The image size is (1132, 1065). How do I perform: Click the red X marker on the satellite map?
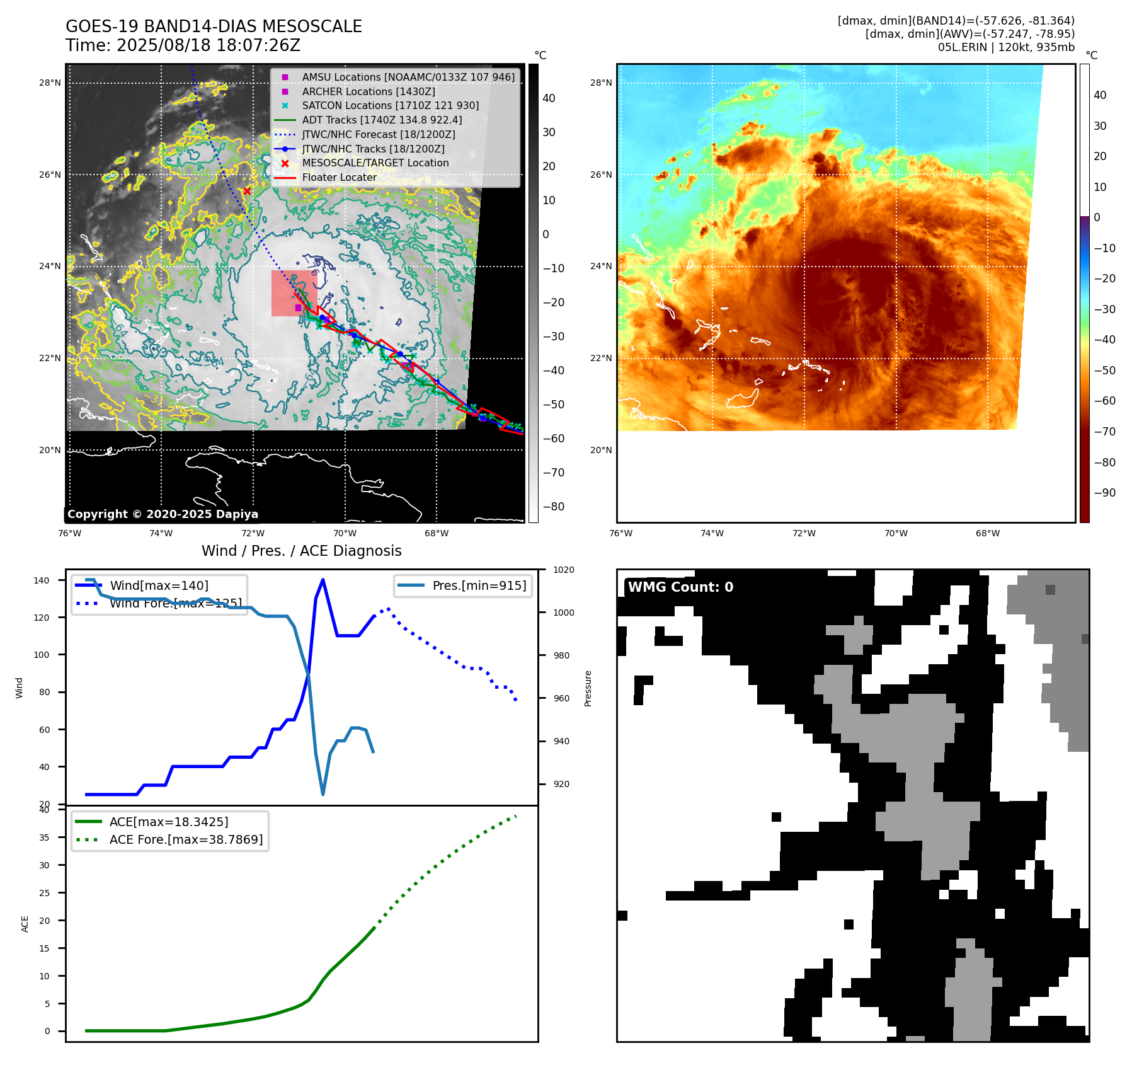pyautogui.click(x=247, y=191)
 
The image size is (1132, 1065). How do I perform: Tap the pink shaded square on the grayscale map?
pyautogui.click(x=294, y=293)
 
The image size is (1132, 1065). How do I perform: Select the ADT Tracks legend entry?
pyautogui.click(x=382, y=120)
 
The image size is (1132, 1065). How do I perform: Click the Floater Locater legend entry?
pyautogui.click(x=339, y=177)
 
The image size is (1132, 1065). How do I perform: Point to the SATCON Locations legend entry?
pyautogui.click(x=390, y=105)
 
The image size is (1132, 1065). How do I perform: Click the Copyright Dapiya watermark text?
pyautogui.click(x=163, y=514)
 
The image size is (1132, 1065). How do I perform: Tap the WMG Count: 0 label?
pyautogui.click(x=680, y=587)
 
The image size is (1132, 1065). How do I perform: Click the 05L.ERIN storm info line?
pyautogui.click(x=1006, y=47)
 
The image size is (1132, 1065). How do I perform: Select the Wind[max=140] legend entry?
pyautogui.click(x=159, y=585)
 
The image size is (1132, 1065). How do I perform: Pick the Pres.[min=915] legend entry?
pyautogui.click(x=479, y=585)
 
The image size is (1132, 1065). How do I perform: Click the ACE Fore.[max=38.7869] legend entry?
pyautogui.click(x=186, y=839)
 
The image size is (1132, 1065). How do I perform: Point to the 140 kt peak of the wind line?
pyautogui.click(x=323, y=580)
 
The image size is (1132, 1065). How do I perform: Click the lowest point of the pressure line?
pyautogui.click(x=323, y=794)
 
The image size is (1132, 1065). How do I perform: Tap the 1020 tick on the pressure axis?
pyautogui.click(x=563, y=570)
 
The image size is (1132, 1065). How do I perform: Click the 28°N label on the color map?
pyautogui.click(x=601, y=83)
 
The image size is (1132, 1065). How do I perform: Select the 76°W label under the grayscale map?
pyautogui.click(x=69, y=533)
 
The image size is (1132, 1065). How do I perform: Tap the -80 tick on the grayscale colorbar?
pyautogui.click(x=554, y=507)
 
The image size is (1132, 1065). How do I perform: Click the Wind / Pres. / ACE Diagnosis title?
pyautogui.click(x=301, y=551)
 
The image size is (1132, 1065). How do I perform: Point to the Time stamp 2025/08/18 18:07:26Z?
pyautogui.click(x=183, y=45)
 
